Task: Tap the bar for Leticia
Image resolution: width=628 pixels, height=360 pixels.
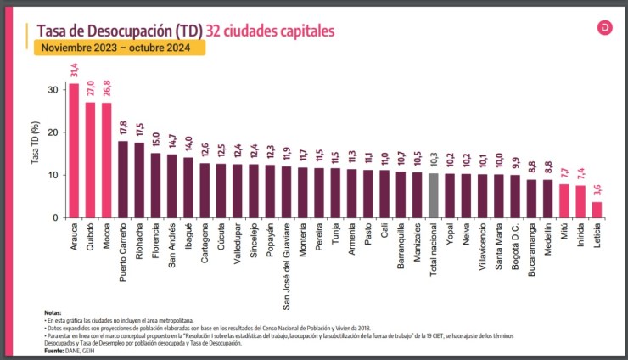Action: [x=597, y=209]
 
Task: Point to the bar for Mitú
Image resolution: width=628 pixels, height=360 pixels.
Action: [x=564, y=200]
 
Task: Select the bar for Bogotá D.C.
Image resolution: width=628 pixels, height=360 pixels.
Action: [x=514, y=196]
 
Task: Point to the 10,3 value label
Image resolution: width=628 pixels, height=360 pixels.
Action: [x=433, y=161]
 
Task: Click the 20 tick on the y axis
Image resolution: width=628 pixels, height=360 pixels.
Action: [x=53, y=132]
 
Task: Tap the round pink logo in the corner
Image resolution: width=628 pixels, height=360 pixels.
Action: [x=604, y=28]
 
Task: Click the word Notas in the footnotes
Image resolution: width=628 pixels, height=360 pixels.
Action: [x=53, y=312]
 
